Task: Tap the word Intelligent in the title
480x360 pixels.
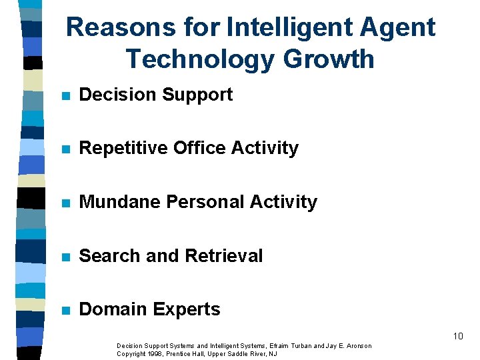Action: tap(285, 28)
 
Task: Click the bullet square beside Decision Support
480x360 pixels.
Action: tap(65, 95)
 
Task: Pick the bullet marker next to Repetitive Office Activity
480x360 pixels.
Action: tap(65, 149)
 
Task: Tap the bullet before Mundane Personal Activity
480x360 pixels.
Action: tap(65, 203)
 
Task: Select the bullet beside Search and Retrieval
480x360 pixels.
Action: tap(65, 256)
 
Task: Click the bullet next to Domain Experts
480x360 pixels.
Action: tap(65, 310)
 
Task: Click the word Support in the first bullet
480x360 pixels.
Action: tap(197, 95)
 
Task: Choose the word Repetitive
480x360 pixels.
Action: tap(123, 148)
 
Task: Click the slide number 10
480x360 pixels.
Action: tap(457, 336)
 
